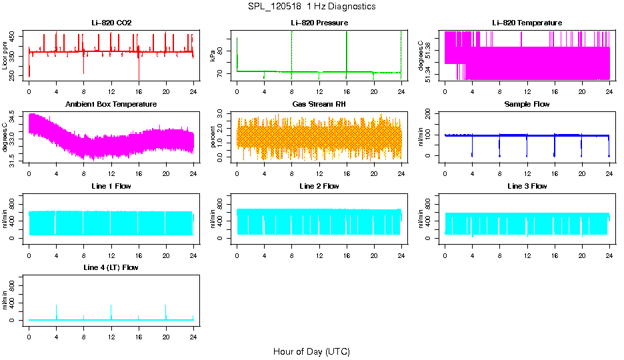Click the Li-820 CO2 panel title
tap(111, 23)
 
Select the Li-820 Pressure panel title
tap(319, 23)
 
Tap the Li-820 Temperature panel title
tap(527, 23)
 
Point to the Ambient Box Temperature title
tap(111, 105)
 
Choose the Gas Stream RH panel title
tap(319, 105)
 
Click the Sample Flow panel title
tap(527, 105)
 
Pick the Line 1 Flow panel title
tap(111, 186)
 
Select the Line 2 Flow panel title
tap(319, 186)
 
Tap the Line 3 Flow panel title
tap(527, 186)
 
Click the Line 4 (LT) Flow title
tap(111, 267)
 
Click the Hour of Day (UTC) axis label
tap(311, 351)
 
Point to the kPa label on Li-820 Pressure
tap(213, 56)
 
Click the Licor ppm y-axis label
tap(5, 56)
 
